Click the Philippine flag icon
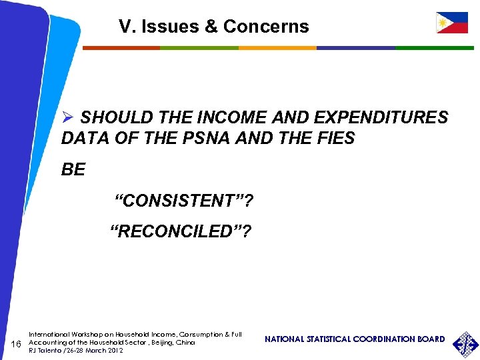click(x=451, y=23)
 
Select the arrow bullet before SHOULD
click(x=68, y=118)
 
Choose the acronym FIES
click(x=336, y=139)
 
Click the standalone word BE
click(x=73, y=170)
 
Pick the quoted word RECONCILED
click(x=181, y=231)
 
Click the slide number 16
click(x=17, y=343)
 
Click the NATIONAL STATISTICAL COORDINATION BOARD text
click(x=355, y=339)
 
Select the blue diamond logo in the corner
click(x=465, y=344)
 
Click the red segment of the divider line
click(x=121, y=48)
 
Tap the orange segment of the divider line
click(x=277, y=48)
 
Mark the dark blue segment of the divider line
click(x=356, y=48)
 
